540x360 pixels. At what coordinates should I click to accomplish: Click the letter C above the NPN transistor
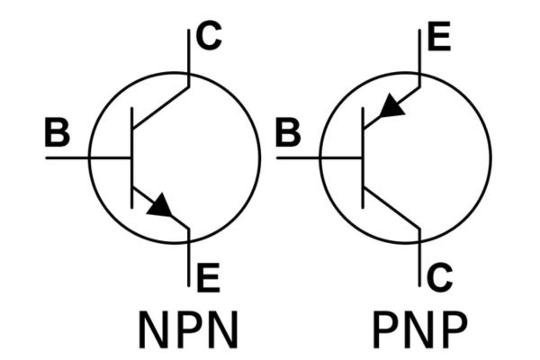tap(209, 36)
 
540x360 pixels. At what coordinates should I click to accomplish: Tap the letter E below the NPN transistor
tap(209, 278)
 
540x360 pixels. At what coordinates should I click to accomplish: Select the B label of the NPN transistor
tap(58, 132)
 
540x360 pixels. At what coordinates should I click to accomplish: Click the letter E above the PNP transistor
tap(439, 36)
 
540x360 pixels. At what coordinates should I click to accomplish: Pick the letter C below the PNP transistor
tap(440, 278)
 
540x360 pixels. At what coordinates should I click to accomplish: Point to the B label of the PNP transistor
tap(288, 132)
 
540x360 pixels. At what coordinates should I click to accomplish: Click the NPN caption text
tap(188, 329)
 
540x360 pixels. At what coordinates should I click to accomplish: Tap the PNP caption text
tap(420, 329)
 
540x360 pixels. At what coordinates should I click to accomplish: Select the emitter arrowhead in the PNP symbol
tap(391, 105)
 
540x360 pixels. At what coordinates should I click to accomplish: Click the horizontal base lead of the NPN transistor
tap(89, 157)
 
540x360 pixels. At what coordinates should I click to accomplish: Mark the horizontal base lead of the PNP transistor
tap(319, 157)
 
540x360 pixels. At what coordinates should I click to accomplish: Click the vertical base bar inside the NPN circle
tap(132, 157)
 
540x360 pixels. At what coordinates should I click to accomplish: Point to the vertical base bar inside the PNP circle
tap(363, 157)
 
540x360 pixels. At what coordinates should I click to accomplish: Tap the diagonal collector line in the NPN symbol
tap(160, 107)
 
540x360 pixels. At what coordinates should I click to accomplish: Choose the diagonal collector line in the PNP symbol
tap(391, 208)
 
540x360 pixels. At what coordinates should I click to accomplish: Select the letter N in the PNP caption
tap(420, 329)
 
